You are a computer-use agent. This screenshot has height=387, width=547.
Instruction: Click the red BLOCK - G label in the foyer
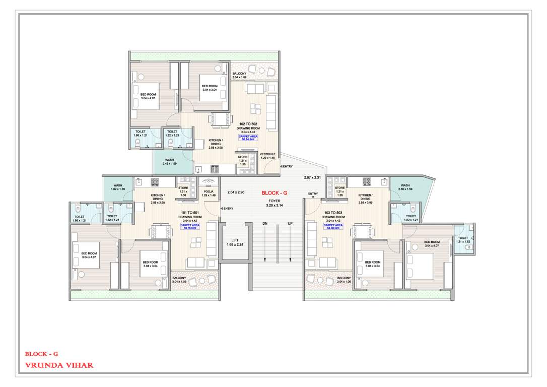point(275,192)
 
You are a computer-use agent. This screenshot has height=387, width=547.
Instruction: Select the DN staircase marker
point(264,223)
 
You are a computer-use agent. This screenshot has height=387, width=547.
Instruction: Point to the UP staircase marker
point(290,223)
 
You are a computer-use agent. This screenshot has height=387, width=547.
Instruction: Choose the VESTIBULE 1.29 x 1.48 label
point(267,156)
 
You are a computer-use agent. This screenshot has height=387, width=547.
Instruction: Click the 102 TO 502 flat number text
point(248,124)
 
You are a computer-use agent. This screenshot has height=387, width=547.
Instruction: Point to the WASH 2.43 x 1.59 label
point(170,162)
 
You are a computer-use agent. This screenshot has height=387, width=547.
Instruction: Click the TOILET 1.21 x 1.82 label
point(463,240)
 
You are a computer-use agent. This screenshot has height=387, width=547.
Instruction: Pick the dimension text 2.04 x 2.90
point(236,192)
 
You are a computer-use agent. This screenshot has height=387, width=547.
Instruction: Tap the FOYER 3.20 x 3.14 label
point(274,203)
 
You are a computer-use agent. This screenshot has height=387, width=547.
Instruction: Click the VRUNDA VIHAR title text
point(59,365)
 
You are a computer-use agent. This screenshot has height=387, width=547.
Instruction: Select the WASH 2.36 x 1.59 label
point(405,187)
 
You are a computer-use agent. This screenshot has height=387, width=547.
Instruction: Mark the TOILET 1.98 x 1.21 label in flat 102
point(140,134)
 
